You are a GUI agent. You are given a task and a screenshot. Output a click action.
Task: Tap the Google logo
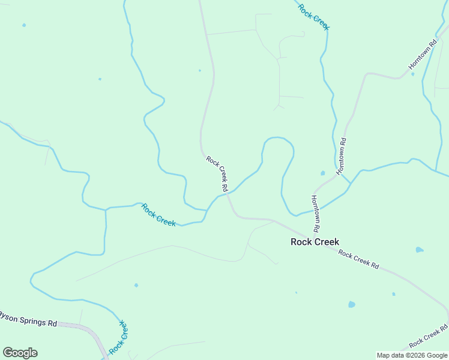[x=20, y=352]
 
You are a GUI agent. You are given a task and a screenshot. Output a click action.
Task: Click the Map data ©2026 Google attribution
[x=412, y=355]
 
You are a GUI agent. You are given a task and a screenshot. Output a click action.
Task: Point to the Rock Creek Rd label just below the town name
[x=358, y=259]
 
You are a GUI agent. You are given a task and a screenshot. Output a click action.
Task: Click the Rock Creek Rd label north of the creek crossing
[x=217, y=174]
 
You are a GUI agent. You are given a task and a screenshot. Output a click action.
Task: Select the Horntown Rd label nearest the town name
[x=315, y=214]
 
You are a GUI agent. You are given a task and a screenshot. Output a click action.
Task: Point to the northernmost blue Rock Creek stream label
[x=314, y=16]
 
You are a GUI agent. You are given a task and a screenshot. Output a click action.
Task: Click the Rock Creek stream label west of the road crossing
[x=158, y=215]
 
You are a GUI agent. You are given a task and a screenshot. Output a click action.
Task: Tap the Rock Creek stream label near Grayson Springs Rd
[x=119, y=337]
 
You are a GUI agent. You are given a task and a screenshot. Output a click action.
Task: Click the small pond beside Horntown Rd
[x=323, y=173]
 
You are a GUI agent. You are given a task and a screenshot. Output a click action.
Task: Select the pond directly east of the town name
[x=419, y=250]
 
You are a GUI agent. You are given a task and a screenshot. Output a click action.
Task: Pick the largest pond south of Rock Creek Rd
[x=351, y=304]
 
